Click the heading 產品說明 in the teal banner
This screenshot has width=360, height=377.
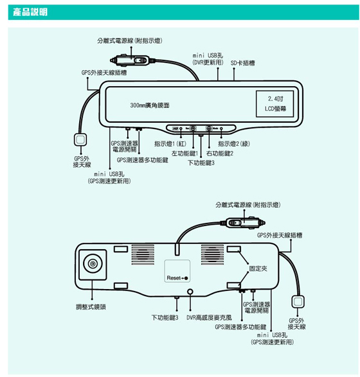30,12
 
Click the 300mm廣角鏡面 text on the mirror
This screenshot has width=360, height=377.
150,105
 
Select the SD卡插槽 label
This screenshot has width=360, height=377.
242,63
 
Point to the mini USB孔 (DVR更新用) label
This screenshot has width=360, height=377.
208,59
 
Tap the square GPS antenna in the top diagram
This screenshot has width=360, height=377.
80,139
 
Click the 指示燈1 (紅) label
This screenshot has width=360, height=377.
170,144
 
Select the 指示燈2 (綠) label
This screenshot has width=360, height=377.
234,144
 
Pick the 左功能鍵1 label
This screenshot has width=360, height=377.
184,153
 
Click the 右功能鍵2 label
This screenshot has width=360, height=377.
220,153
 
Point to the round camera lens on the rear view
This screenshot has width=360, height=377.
93,263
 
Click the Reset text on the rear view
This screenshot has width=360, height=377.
174,278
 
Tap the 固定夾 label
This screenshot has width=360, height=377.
258,268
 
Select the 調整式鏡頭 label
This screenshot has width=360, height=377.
91,307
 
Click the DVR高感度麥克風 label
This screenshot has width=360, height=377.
209,318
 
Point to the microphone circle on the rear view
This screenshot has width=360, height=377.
190,292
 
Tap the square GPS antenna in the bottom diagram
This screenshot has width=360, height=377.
298,301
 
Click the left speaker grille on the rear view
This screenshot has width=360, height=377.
143,254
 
